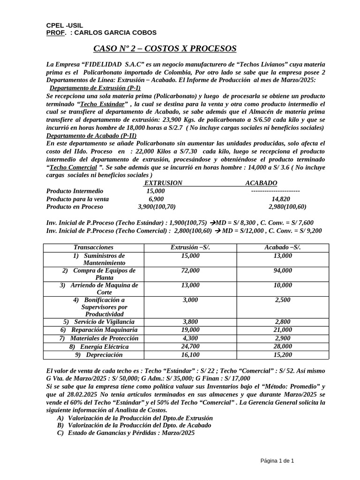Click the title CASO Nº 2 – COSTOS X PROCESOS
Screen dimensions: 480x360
pos(165,49)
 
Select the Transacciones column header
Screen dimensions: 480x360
pos(93,247)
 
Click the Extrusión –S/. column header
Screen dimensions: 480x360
pos(190,247)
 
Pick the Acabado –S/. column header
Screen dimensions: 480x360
pos(283,247)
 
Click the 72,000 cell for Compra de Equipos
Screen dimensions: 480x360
pos(190,270)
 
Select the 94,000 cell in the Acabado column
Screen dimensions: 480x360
pos(283,270)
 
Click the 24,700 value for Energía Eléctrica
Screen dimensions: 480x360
pos(190,347)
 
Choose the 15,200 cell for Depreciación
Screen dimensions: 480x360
pos(283,355)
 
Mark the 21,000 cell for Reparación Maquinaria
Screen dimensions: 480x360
pos(283,330)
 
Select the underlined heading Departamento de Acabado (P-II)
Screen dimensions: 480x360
pos(91,135)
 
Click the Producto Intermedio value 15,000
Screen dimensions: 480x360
pos(156,191)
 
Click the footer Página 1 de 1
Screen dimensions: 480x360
pos(277,461)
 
